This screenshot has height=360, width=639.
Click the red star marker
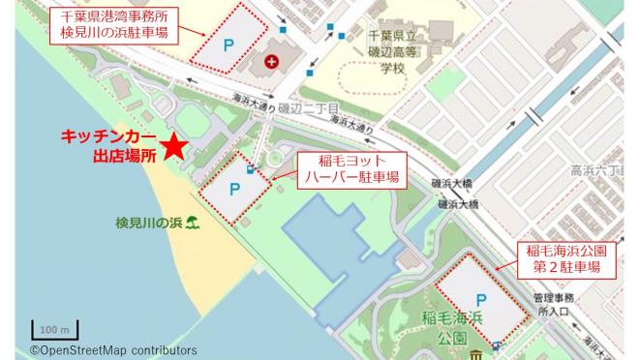coord(173,146)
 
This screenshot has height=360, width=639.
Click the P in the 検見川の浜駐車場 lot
coord(229,46)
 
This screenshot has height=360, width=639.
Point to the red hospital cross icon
coord(271,62)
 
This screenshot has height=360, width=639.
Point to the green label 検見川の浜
coord(149,224)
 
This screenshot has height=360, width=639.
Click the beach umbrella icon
coord(195,224)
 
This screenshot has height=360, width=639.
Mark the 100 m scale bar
coord(47,329)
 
